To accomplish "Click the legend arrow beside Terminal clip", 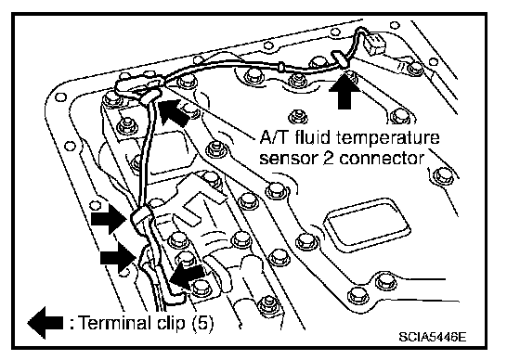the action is [45, 323].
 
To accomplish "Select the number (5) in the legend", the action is [202, 323].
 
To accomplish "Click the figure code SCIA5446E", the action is [432, 337].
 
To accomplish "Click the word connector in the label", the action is [382, 158].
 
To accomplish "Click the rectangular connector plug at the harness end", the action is [375, 45].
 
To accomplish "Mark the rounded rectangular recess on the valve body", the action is [368, 223].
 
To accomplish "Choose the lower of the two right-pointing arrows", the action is [118, 257].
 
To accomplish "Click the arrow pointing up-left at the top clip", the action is [174, 111].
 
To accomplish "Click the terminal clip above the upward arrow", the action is [340, 59].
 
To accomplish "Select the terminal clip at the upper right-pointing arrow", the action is [141, 217].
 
